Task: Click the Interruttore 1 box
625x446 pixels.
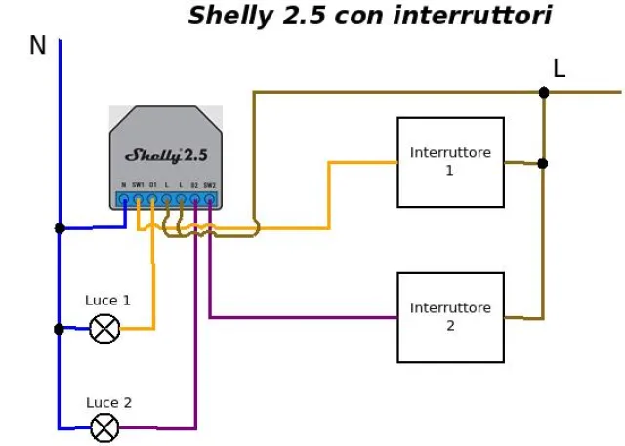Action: [x=450, y=162]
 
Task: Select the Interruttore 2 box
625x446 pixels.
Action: [x=450, y=317]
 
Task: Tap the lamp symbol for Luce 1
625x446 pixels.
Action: [x=104, y=329]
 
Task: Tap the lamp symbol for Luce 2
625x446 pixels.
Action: [x=104, y=427]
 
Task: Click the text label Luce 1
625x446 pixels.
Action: [x=107, y=301]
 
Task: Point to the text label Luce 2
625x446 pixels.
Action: [x=108, y=402]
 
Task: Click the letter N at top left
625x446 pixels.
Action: [x=38, y=46]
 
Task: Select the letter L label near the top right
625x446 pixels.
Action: [x=559, y=68]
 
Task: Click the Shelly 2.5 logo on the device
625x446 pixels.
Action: [x=166, y=154]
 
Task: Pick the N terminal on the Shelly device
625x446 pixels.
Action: [x=124, y=200]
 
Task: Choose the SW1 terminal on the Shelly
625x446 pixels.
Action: [x=138, y=200]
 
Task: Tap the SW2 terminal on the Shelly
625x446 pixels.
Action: [x=209, y=200]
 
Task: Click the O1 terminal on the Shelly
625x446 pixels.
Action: [x=152, y=200]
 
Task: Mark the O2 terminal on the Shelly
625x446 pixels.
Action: [x=195, y=200]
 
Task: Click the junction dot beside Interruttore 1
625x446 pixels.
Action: [x=543, y=163]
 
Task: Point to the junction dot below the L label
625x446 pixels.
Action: [x=544, y=93]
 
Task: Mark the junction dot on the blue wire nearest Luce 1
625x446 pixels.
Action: [x=60, y=329]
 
